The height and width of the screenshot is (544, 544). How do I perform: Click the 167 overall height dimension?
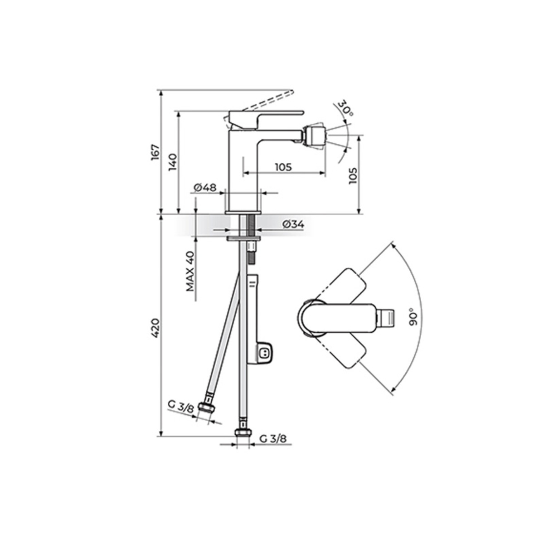tap(155, 153)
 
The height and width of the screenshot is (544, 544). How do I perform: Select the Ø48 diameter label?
tap(205, 187)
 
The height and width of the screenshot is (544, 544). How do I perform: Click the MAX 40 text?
tap(191, 271)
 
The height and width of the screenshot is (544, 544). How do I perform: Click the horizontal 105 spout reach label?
tap(283, 167)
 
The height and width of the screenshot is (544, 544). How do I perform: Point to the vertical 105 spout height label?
tap(353, 175)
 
